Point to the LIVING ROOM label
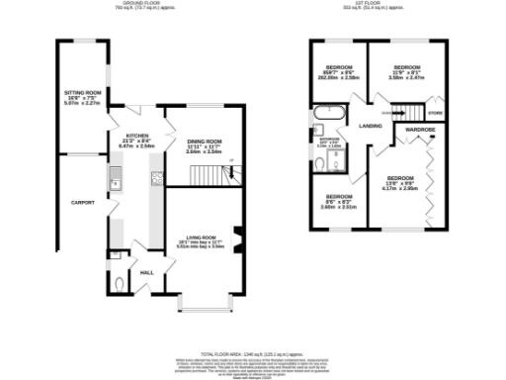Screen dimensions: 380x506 pos(206,237)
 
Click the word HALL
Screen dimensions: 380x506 pos(146,271)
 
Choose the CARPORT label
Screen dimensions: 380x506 pos(83,202)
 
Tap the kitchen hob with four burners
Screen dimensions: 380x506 pos(156,178)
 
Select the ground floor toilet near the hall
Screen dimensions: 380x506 pos(120,284)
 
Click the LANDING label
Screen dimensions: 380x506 pos(371,126)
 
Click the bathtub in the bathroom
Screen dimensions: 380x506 pos(327,112)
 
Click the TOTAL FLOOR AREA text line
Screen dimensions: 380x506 pos(253,351)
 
